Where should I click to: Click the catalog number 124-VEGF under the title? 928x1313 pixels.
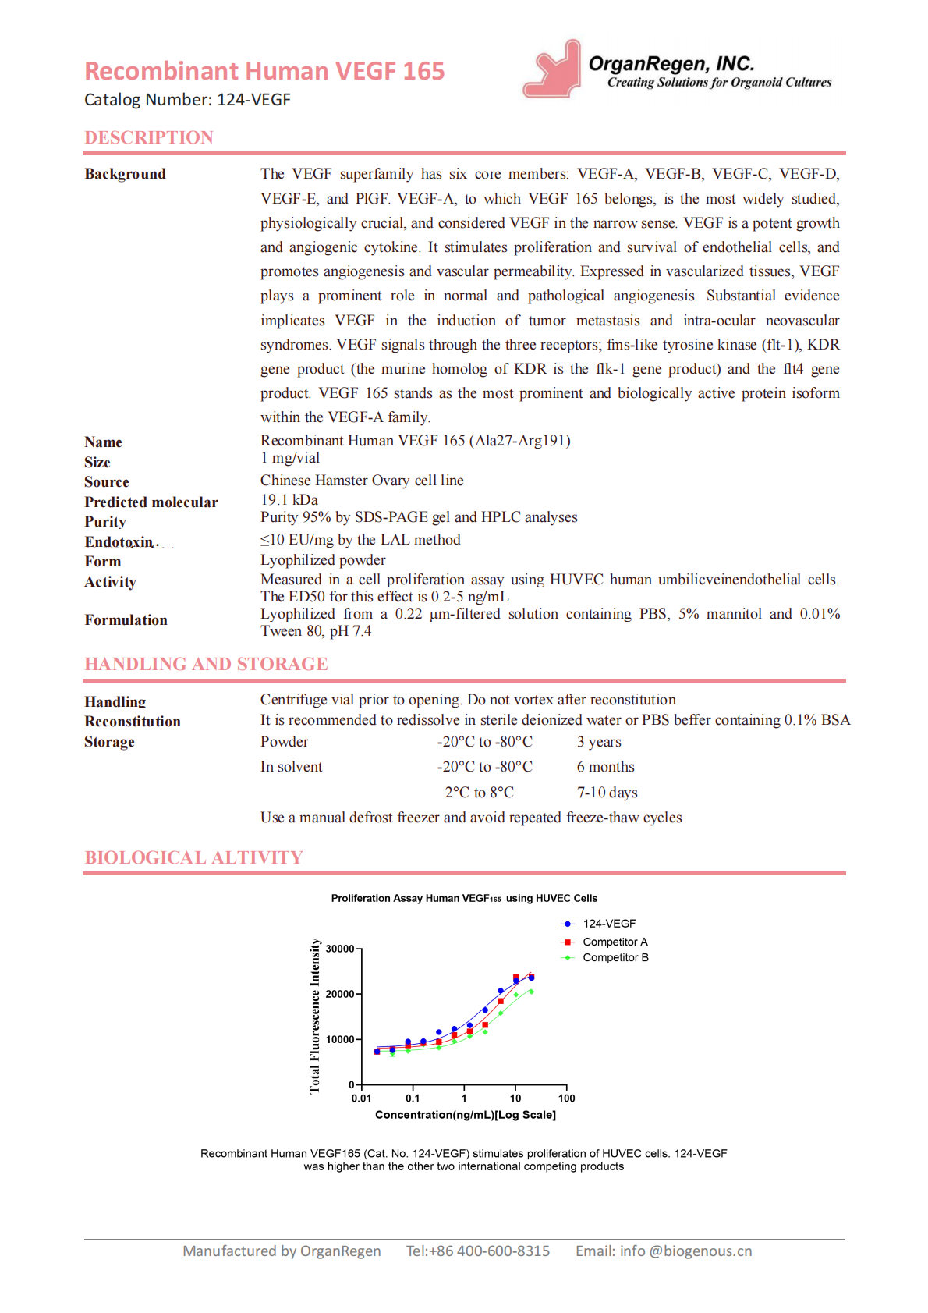tap(187, 100)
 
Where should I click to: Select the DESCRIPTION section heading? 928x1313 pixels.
tap(149, 137)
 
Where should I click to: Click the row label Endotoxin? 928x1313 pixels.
tap(122, 541)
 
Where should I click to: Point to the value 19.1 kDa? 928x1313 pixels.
tap(289, 499)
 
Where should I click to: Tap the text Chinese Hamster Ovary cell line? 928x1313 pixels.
tap(362, 480)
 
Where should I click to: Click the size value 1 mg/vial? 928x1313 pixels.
tap(290, 458)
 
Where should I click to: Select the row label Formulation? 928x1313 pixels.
tap(126, 620)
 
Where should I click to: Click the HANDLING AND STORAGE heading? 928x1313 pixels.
tap(206, 664)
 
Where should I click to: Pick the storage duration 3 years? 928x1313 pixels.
tap(599, 742)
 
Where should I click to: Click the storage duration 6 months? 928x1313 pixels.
tap(605, 767)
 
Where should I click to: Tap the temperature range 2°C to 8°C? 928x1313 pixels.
tap(479, 793)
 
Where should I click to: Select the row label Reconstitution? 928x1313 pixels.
tap(133, 722)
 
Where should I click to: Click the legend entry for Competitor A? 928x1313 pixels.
tap(615, 942)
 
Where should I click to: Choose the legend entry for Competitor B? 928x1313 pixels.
tap(615, 957)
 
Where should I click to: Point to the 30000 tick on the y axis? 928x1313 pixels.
tap(341, 949)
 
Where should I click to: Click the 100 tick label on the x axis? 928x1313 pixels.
tap(567, 1098)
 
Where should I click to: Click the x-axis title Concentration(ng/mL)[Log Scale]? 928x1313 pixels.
tap(466, 1115)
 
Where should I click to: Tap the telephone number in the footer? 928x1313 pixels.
tap(477, 1251)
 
